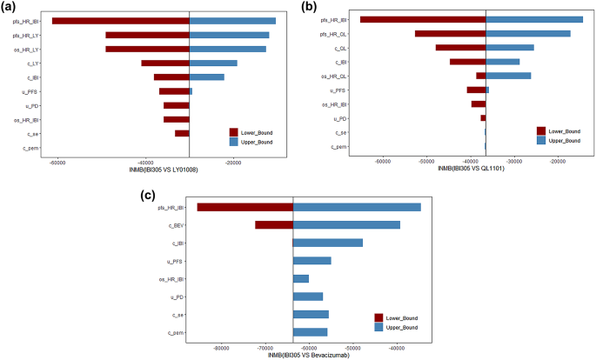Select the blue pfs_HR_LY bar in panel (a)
tap(229, 35)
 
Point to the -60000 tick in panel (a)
tap(58, 162)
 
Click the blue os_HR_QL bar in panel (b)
tap(508, 76)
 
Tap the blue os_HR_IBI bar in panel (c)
tap(301, 278)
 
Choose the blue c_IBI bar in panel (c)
tap(328, 243)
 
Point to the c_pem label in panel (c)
tap(174, 332)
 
